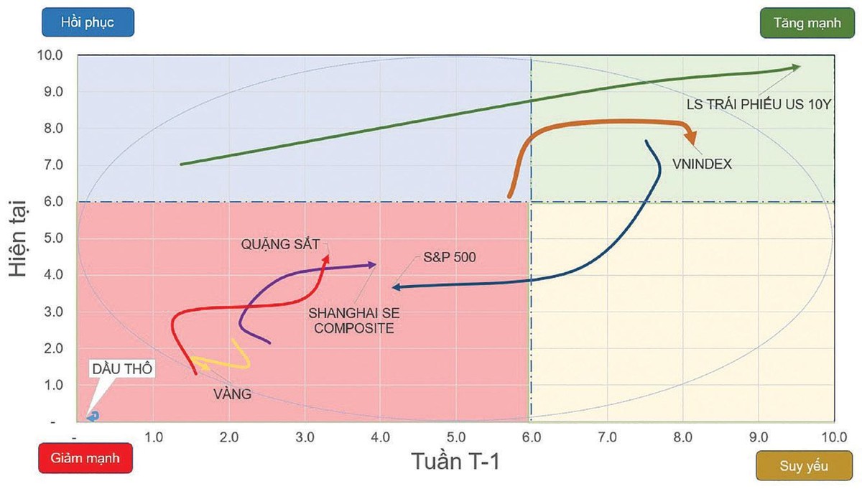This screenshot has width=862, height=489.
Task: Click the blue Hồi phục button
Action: (x=87, y=22)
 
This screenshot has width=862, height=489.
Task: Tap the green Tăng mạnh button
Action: (x=807, y=22)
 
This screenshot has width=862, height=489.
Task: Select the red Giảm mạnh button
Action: (x=84, y=457)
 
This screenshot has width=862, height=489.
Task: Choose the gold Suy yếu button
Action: (x=804, y=466)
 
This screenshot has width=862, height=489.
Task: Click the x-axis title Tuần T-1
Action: (x=455, y=460)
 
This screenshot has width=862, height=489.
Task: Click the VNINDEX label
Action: (x=703, y=164)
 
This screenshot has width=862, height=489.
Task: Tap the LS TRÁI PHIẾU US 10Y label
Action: (x=759, y=103)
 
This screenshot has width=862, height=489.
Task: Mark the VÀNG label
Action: (x=232, y=393)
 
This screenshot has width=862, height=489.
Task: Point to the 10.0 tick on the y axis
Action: (x=53, y=55)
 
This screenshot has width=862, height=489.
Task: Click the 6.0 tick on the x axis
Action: (x=532, y=437)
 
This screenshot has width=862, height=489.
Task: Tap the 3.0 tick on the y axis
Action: (x=55, y=312)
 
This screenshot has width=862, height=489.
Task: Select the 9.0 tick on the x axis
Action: (x=759, y=437)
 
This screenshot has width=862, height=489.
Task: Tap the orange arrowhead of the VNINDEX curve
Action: (x=690, y=136)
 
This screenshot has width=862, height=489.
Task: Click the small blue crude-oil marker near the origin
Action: (x=93, y=416)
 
